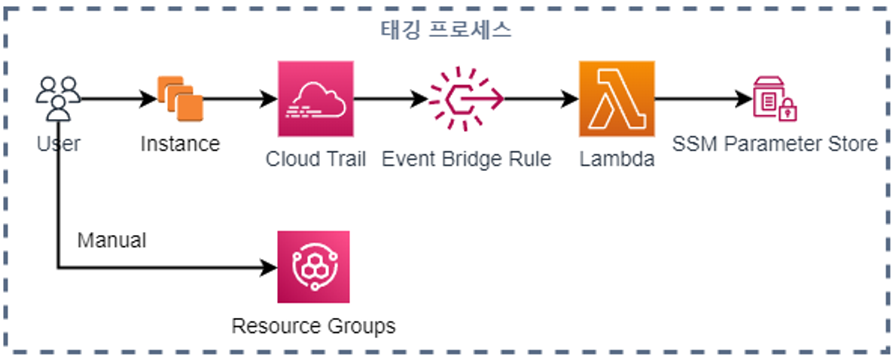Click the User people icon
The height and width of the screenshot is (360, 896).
click(x=58, y=99)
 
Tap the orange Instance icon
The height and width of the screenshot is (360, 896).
click(x=181, y=99)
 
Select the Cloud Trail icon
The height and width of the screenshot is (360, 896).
click(x=315, y=99)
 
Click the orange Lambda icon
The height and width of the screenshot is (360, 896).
click(x=617, y=99)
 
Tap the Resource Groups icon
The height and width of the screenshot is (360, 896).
click(x=313, y=267)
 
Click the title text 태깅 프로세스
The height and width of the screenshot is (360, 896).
click(x=447, y=31)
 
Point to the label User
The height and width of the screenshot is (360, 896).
click(x=58, y=143)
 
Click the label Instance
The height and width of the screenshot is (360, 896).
click(x=180, y=143)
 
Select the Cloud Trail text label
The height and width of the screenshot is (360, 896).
click(x=315, y=159)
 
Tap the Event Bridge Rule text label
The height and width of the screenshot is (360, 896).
click(x=466, y=159)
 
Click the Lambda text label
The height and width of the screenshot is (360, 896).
click(x=617, y=159)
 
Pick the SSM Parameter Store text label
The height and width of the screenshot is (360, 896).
click(x=775, y=143)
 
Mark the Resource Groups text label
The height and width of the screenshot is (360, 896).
click(x=313, y=326)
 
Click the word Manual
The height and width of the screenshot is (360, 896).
click(x=111, y=240)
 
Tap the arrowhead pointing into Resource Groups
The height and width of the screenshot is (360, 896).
click(x=270, y=267)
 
